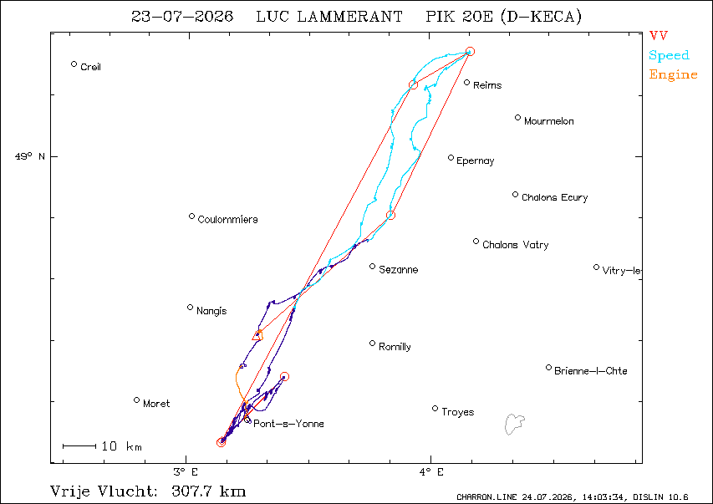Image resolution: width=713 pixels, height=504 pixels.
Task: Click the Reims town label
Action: click(487, 85)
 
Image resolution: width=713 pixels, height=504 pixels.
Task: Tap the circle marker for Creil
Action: click(74, 64)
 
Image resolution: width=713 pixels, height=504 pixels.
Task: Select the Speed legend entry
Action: click(669, 55)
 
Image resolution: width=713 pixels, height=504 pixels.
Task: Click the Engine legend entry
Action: click(673, 75)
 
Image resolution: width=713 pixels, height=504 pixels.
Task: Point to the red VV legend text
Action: click(659, 35)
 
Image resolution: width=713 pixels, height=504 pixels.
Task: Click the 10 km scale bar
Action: click(79, 446)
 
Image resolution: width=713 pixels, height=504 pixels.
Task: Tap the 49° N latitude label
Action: click(30, 156)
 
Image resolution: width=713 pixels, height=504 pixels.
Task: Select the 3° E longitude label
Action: click(186, 472)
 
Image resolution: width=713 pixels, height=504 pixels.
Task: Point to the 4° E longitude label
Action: click(431, 472)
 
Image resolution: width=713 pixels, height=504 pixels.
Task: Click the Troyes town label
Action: click(457, 412)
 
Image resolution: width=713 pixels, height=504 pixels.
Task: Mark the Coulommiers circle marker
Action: click(192, 216)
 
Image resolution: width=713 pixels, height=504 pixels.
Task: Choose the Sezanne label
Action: click(399, 270)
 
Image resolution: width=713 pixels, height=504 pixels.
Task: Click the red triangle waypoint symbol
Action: click(257, 336)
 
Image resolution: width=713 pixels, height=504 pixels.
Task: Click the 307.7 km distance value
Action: click(209, 491)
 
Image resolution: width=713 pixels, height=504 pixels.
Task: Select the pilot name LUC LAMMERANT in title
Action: click(329, 17)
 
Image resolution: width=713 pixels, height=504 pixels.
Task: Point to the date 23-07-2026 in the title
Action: click(182, 17)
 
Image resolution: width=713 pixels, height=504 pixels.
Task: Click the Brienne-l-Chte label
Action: click(590, 371)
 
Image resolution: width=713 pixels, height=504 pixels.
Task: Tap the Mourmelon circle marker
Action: click(517, 118)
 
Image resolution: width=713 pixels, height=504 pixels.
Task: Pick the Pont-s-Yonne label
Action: click(288, 424)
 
